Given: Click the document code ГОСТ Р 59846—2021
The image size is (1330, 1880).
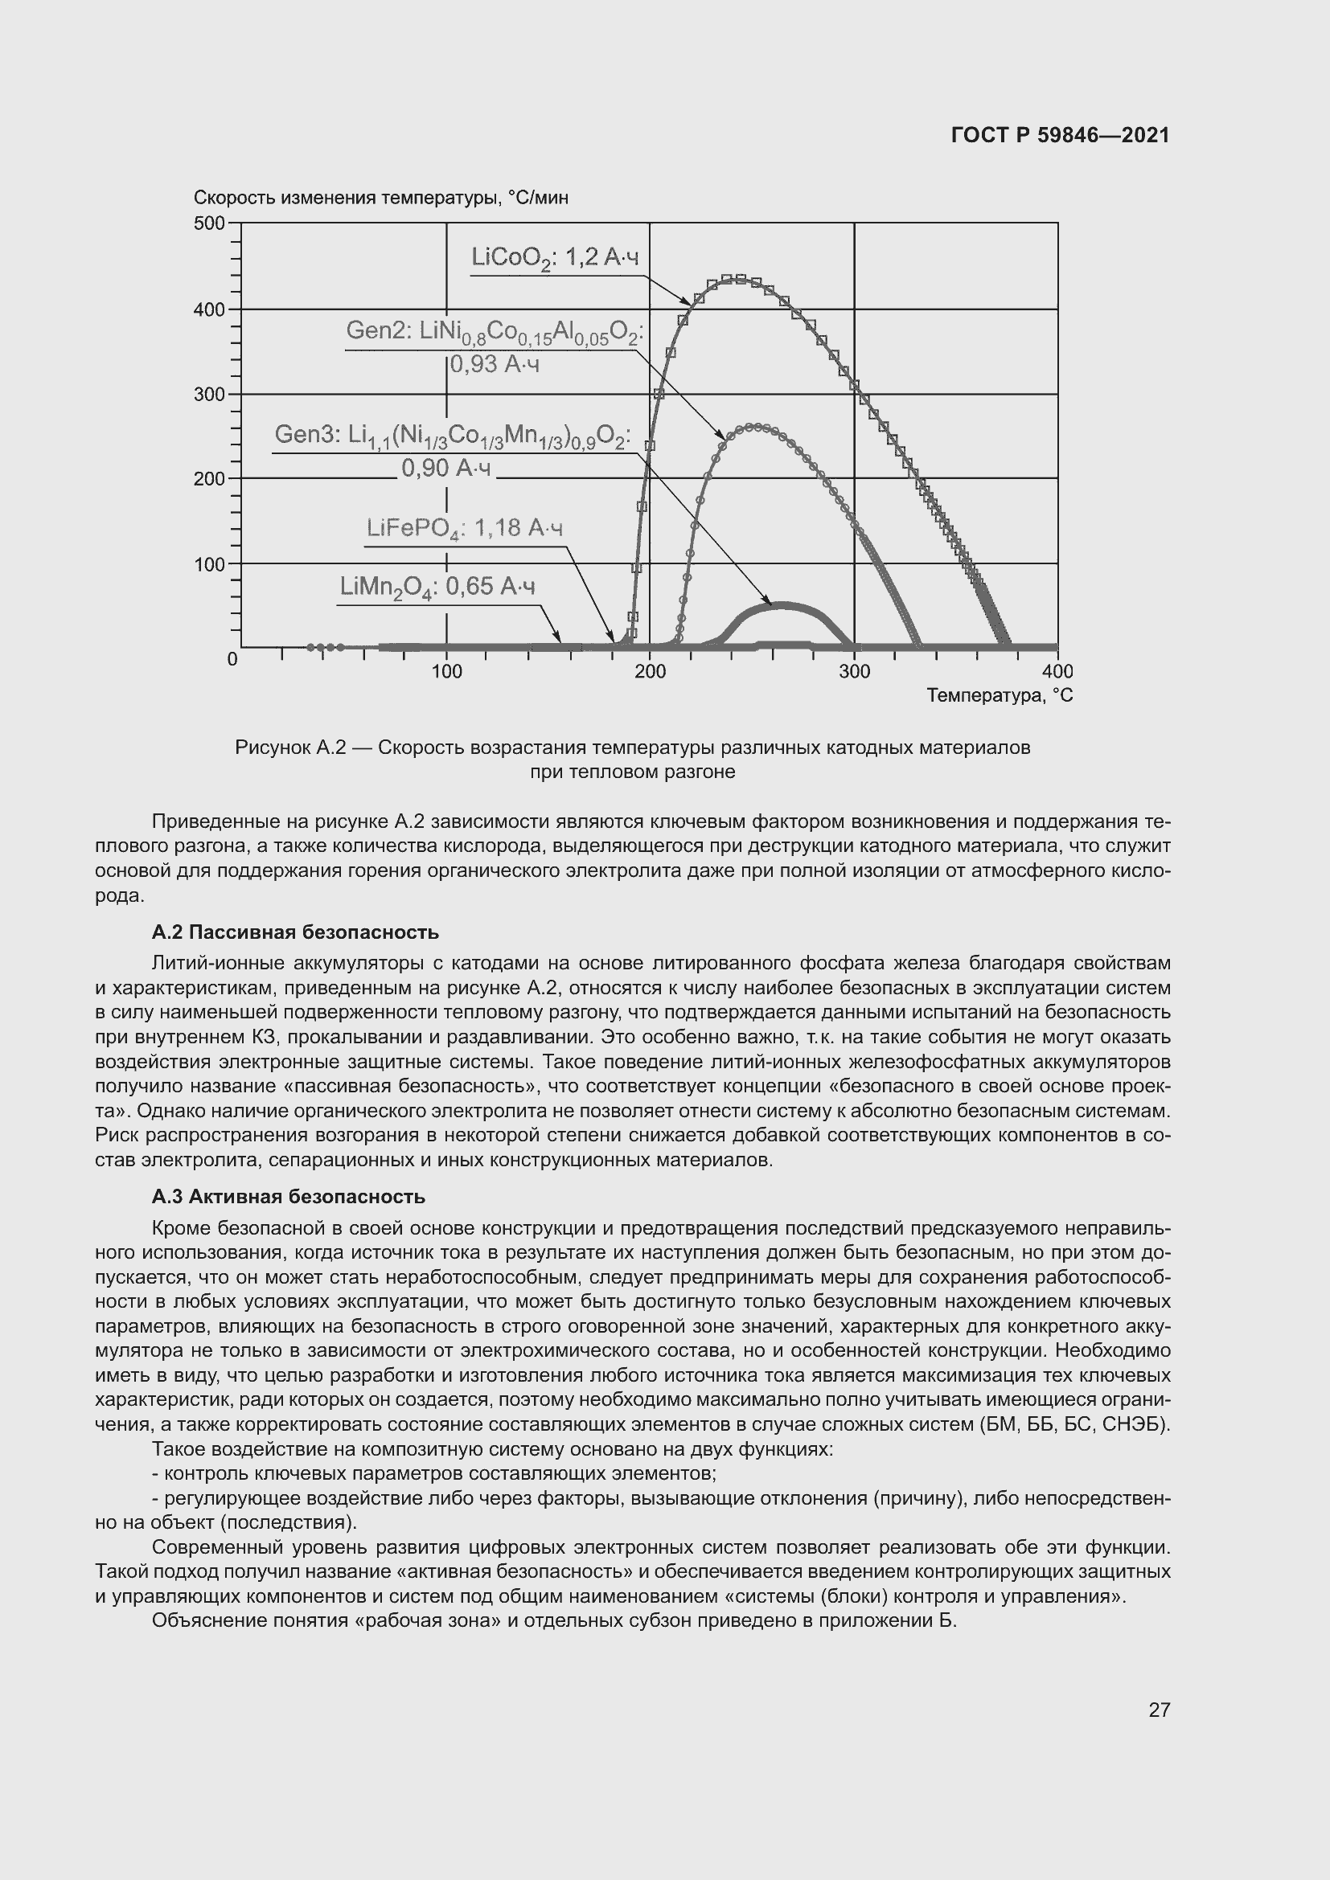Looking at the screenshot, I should (x=1060, y=135).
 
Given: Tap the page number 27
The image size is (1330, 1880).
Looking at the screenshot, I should (x=1159, y=1709).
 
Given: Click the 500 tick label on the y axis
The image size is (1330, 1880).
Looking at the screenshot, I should (x=209, y=223).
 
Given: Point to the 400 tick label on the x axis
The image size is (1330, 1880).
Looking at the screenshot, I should (x=1057, y=671).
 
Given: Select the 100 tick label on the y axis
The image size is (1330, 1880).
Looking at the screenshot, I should (x=209, y=564).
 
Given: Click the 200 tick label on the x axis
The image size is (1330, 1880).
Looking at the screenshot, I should (x=651, y=671).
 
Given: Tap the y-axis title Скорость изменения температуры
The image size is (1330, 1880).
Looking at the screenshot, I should (x=381, y=199).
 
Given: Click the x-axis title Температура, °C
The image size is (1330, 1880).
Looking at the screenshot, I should (x=1000, y=695).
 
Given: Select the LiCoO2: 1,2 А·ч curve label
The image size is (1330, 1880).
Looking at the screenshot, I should (x=555, y=258).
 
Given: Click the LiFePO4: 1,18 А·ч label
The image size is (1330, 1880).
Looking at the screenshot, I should (x=464, y=529).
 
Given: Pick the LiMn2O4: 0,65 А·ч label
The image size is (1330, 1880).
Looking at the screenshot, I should (x=437, y=587).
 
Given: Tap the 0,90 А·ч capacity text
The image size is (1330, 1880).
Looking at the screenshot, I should (x=445, y=469).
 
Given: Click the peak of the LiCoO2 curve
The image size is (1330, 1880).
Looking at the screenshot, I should (x=737, y=279).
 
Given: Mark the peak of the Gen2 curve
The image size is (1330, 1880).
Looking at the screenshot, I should (x=756, y=427).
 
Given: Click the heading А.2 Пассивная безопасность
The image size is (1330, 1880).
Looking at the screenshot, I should (x=295, y=932).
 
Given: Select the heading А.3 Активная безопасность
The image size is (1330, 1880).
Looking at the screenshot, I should (x=289, y=1196).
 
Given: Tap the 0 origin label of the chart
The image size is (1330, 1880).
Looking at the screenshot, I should (x=232, y=659).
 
